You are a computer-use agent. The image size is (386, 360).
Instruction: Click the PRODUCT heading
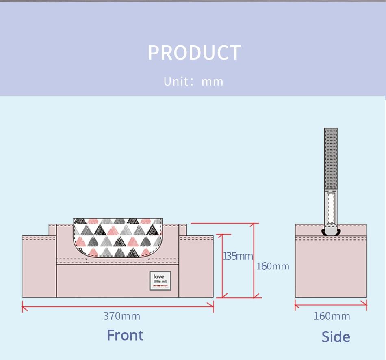[x=194, y=53]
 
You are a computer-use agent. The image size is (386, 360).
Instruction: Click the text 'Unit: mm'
[x=193, y=82]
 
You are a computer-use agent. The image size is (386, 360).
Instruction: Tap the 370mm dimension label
[x=121, y=316]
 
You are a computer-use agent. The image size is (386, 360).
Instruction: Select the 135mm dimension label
[x=238, y=256]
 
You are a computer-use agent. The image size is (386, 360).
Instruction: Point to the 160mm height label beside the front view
[x=273, y=266]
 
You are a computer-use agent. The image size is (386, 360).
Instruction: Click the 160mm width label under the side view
[x=331, y=316]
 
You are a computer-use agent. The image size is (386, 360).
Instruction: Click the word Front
[x=125, y=335]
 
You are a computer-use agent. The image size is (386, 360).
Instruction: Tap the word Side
[x=336, y=336]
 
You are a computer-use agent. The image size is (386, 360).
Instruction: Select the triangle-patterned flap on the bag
[x=118, y=237]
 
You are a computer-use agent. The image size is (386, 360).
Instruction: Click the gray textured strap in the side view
[x=331, y=158]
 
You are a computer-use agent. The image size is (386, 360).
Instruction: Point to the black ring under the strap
[x=331, y=232]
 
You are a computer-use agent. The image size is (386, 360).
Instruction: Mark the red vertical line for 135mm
[x=222, y=266]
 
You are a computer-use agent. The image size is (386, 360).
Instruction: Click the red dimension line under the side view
[x=331, y=305]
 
